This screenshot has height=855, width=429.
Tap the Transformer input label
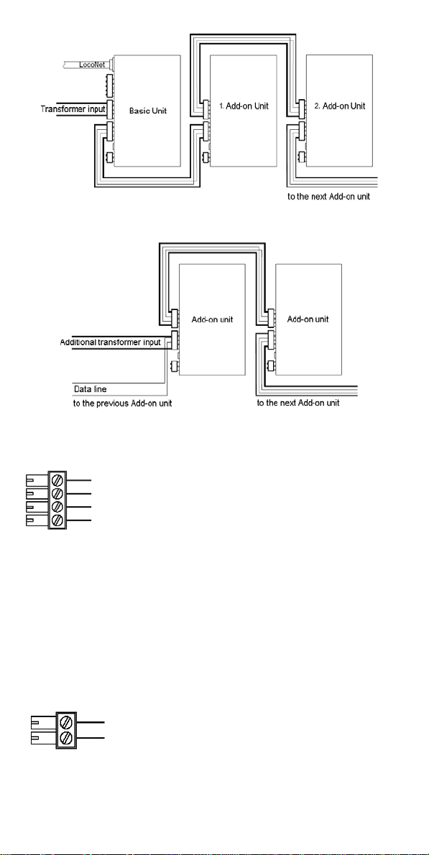73,109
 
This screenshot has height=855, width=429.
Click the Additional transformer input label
111,342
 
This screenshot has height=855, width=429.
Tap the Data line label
91,390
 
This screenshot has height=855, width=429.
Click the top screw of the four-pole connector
57,480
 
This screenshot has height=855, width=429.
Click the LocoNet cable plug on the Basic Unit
109,65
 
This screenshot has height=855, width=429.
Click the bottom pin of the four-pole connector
37,521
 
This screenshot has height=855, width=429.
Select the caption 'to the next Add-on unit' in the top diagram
329,196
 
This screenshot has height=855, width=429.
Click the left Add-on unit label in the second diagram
213,319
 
